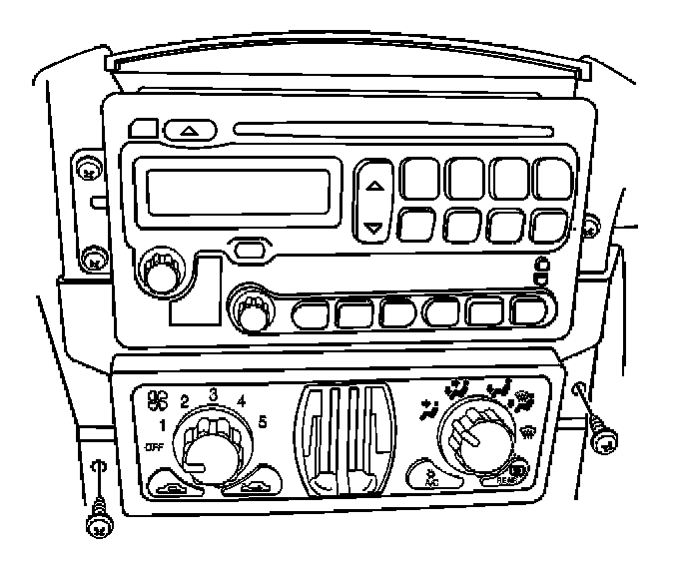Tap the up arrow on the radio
click(x=373, y=186)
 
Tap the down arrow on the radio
click(x=373, y=228)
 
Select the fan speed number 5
click(x=262, y=421)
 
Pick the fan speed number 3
click(x=213, y=393)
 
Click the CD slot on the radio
click(x=394, y=128)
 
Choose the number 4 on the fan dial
click(x=243, y=401)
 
